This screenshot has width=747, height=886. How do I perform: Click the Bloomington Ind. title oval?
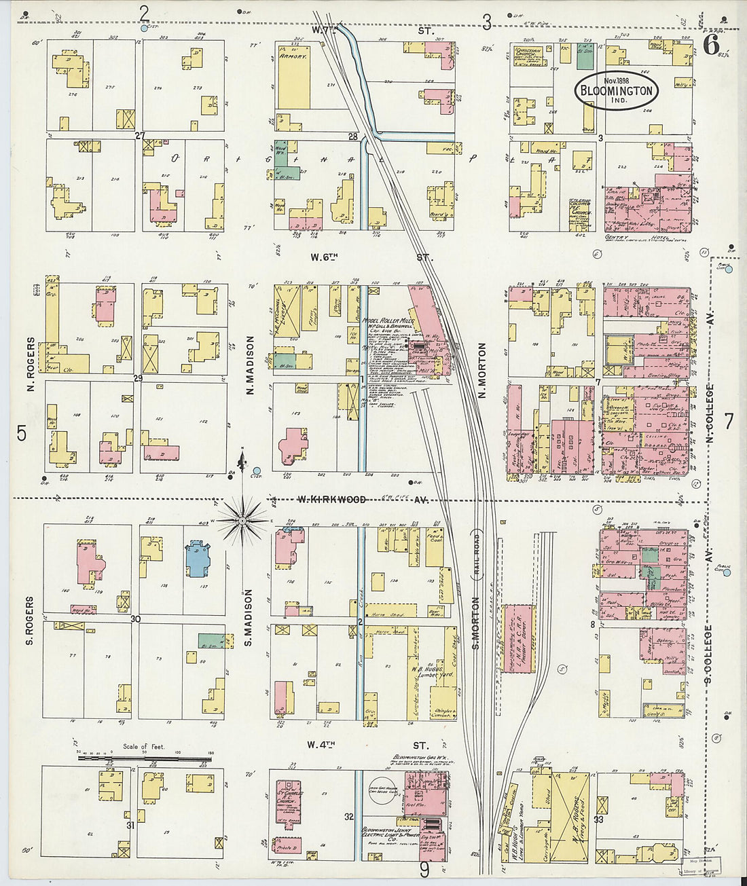pos(617,90)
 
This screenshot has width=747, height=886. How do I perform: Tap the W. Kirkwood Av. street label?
pos(333,500)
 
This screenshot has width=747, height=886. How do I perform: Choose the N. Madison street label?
pos(249,365)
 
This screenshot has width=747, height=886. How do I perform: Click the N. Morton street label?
pos(482,370)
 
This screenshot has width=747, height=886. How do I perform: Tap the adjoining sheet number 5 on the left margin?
pos(22,433)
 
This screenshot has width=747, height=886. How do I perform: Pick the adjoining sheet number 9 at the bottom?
pos(424,870)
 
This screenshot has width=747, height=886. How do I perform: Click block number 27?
pos(140,135)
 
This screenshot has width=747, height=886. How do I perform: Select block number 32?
pos(348,817)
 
